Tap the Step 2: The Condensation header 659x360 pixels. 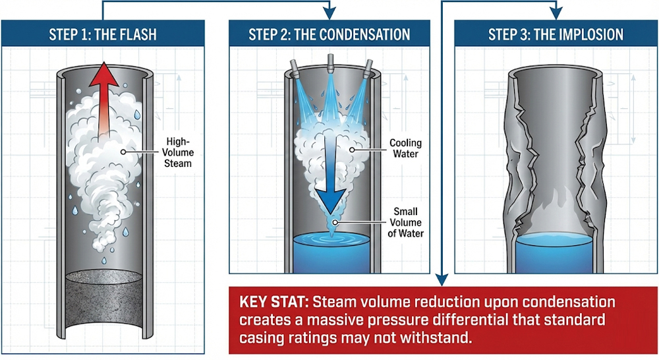(329, 34)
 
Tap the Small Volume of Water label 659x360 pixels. (405, 222)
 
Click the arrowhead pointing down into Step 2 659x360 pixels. (329, 13)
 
